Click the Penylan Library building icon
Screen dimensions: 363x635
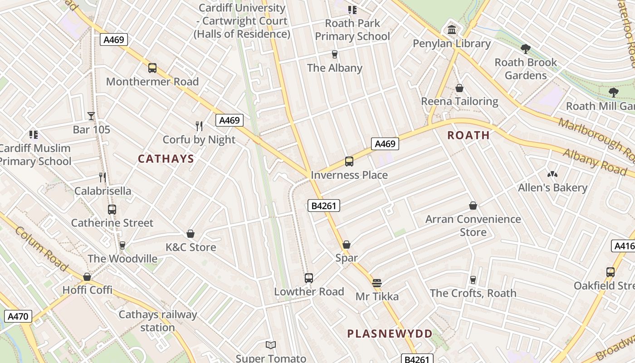(x=452, y=30)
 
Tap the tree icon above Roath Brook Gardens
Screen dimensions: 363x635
(x=526, y=49)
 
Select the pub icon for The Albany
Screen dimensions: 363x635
(x=335, y=54)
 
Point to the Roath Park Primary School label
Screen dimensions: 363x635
(x=352, y=29)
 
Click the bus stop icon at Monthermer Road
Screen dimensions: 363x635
(x=152, y=68)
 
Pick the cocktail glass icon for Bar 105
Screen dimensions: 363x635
(x=91, y=116)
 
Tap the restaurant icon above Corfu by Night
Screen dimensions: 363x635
(x=199, y=126)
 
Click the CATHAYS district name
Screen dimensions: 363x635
(x=166, y=159)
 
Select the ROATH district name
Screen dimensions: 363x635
(x=469, y=135)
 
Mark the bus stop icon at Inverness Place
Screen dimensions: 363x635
(x=349, y=162)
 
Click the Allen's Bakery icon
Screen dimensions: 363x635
(x=552, y=174)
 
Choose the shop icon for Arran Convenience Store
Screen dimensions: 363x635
(x=473, y=206)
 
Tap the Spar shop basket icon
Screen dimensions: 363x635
(x=347, y=245)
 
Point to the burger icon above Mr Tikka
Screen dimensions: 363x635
(x=376, y=283)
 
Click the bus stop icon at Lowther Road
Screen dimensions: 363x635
(x=309, y=278)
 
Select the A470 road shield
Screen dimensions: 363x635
(x=18, y=316)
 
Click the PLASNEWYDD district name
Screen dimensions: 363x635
(x=390, y=334)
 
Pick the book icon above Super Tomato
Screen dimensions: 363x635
(x=271, y=345)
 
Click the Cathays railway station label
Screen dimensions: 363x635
(x=158, y=321)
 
